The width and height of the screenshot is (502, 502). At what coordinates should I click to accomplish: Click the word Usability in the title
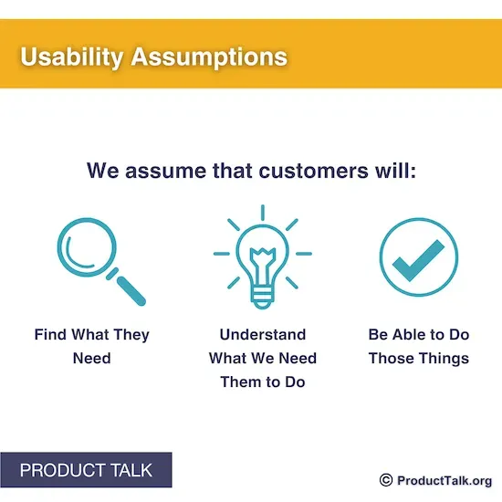(71, 57)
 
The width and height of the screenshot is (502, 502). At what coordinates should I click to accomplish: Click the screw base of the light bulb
(262, 297)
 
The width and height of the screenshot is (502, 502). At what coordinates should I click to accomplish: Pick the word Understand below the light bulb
(262, 335)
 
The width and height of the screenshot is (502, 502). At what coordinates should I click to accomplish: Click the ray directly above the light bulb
(262, 213)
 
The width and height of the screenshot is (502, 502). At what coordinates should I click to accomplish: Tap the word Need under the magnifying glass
(91, 358)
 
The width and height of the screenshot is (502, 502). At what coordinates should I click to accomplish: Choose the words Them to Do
(262, 382)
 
